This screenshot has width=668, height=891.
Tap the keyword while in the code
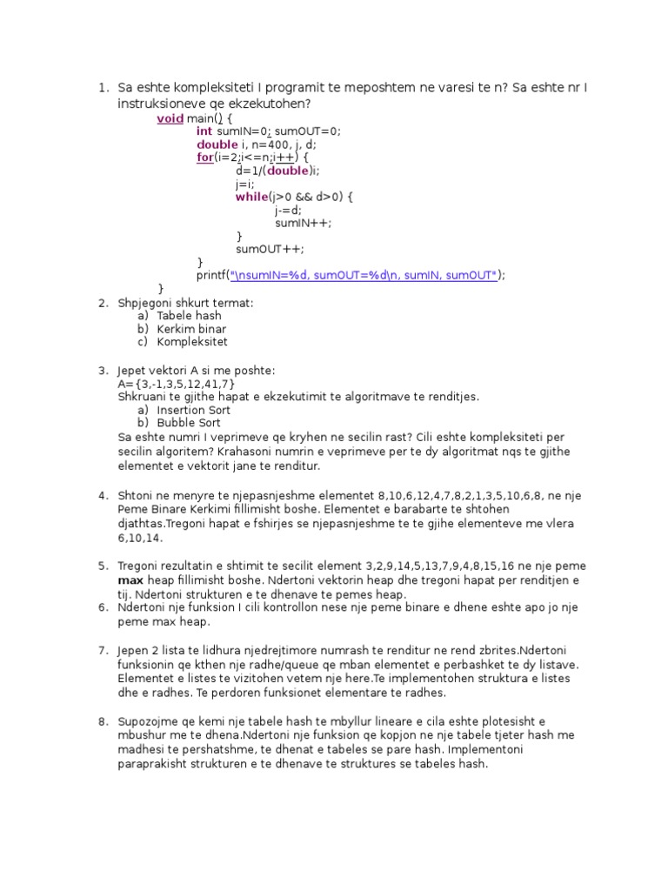click(x=251, y=197)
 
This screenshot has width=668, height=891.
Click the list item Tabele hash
click(x=189, y=316)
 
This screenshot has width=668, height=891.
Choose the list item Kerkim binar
click(x=191, y=329)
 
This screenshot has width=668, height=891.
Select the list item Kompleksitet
click(x=192, y=342)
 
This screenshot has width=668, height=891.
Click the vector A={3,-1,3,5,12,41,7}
click(x=177, y=384)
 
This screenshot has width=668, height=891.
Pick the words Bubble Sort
click(x=188, y=423)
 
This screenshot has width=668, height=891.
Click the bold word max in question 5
click(x=130, y=579)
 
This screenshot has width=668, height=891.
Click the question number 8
click(x=103, y=722)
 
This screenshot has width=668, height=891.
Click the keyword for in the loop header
click(x=204, y=157)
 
